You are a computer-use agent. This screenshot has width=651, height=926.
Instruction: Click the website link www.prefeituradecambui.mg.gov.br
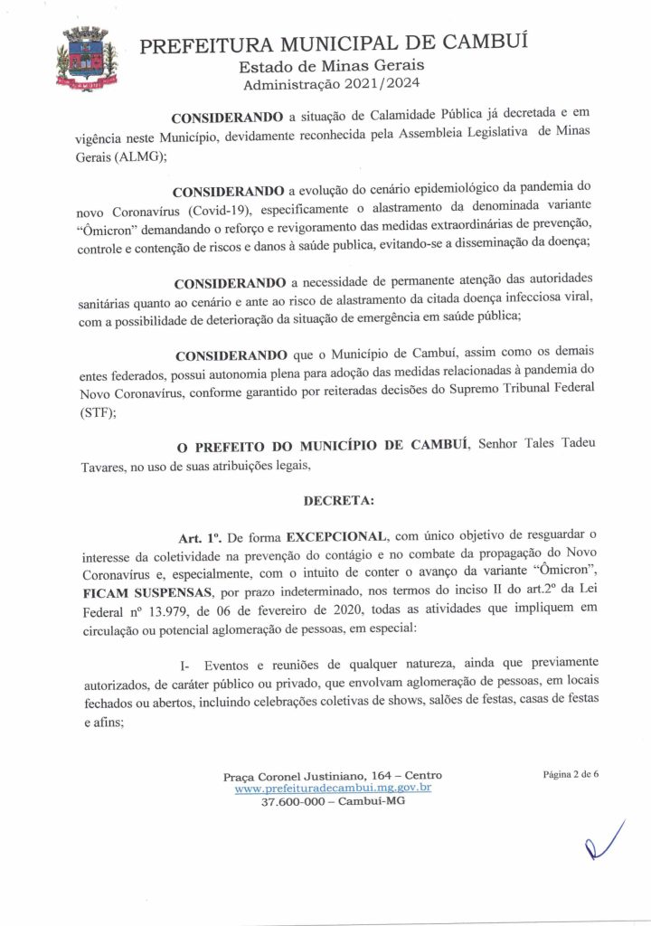(332, 789)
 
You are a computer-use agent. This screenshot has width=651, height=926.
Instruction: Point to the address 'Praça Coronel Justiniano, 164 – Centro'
(332, 776)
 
